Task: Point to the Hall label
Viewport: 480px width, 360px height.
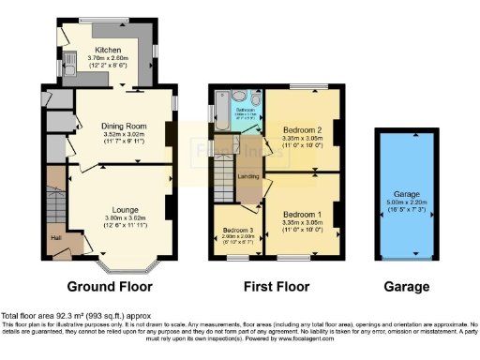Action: point(56,236)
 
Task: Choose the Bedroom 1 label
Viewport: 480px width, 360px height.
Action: point(302,215)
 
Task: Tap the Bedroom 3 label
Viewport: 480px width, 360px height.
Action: point(237,231)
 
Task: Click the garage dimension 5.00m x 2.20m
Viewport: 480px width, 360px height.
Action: point(405,200)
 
